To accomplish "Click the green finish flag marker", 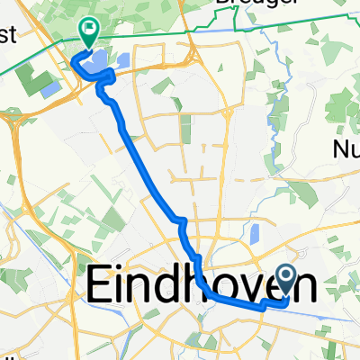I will click(x=90, y=32).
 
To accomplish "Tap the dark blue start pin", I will click(x=288, y=280).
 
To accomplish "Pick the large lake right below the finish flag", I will click(x=94, y=63).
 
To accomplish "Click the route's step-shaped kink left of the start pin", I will click(x=262, y=305).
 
